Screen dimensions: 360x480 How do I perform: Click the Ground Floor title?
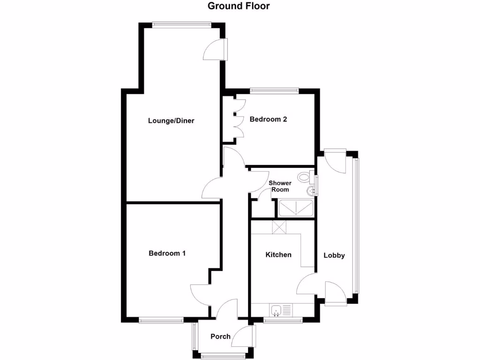239,6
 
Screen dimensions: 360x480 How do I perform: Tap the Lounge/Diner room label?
171,120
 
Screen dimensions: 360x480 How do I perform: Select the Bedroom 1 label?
167,253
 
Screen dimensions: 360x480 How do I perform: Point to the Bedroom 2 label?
268,119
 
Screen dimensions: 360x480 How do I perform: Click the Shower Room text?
280,186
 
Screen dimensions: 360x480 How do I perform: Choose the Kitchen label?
278,255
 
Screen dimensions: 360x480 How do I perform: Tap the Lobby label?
334,255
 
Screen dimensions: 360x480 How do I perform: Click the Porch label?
220,336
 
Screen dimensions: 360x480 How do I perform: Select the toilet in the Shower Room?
305,177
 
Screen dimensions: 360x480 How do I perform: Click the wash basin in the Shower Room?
310,190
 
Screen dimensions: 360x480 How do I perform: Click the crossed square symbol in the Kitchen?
280,227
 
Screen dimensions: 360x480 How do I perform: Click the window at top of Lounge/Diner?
181,23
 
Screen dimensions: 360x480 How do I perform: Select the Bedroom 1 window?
161,321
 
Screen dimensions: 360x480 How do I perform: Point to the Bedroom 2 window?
274,90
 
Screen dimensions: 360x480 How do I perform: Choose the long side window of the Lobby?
357,225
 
